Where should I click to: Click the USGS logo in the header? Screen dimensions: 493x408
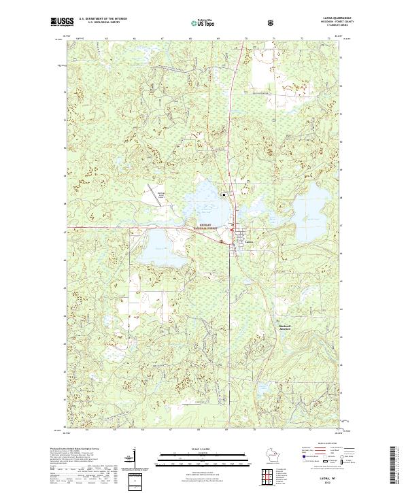(x=61, y=22)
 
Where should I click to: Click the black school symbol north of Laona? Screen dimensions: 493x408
(x=222, y=194)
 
